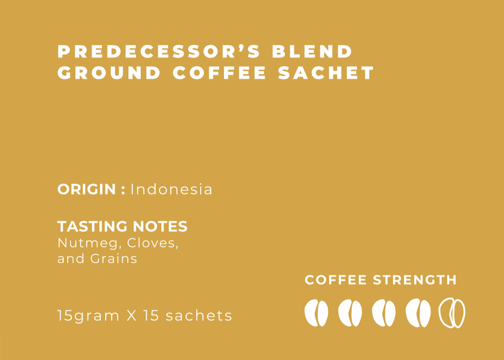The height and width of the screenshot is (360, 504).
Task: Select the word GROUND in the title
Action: pyautogui.click(x=109, y=73)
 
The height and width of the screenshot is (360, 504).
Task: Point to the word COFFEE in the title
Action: pyautogui.click(x=220, y=73)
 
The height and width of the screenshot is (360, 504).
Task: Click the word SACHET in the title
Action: pyautogui.click(x=326, y=73)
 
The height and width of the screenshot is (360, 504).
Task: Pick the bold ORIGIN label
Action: pyautogui.click(x=87, y=189)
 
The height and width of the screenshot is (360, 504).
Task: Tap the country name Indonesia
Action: pyautogui.click(x=171, y=189)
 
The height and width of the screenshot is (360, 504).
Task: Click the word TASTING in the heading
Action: pyautogui.click(x=92, y=227)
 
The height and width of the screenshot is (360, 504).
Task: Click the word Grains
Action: pyautogui.click(x=114, y=259)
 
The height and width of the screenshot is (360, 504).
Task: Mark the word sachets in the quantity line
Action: pyautogui.click(x=199, y=316)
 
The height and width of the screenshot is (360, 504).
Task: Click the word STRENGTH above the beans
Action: pyautogui.click(x=414, y=280)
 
